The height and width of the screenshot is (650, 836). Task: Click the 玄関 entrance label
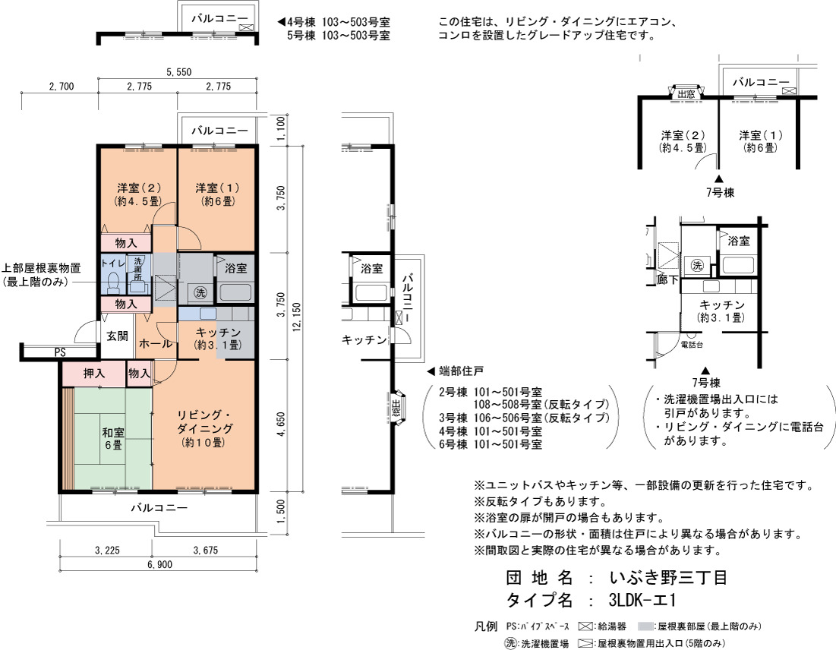click(x=117, y=336)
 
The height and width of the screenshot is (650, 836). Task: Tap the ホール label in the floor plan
click(x=155, y=344)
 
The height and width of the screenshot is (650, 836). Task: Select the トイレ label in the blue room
click(x=112, y=263)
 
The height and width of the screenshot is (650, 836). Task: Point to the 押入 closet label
click(x=94, y=374)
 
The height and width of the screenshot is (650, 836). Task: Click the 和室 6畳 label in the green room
click(x=113, y=438)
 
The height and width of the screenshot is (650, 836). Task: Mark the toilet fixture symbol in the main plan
click(x=112, y=283)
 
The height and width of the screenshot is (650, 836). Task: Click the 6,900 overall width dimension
click(x=159, y=564)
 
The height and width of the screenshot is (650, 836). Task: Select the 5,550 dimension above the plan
click(x=178, y=72)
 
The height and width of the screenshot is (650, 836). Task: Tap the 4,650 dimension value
click(x=281, y=424)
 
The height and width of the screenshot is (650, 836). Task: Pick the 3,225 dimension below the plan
click(x=107, y=551)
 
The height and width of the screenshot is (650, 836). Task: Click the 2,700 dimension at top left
click(x=62, y=87)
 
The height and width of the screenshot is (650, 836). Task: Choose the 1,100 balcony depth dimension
click(x=281, y=128)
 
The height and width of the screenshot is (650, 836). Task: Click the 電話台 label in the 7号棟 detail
click(x=692, y=345)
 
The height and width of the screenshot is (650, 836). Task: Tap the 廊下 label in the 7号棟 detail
click(x=667, y=279)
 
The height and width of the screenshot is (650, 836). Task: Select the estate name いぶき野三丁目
click(x=669, y=577)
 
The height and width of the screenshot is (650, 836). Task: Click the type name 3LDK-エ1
click(x=642, y=601)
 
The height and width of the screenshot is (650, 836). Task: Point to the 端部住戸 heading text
click(x=461, y=371)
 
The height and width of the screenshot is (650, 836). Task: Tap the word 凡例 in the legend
click(x=486, y=626)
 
